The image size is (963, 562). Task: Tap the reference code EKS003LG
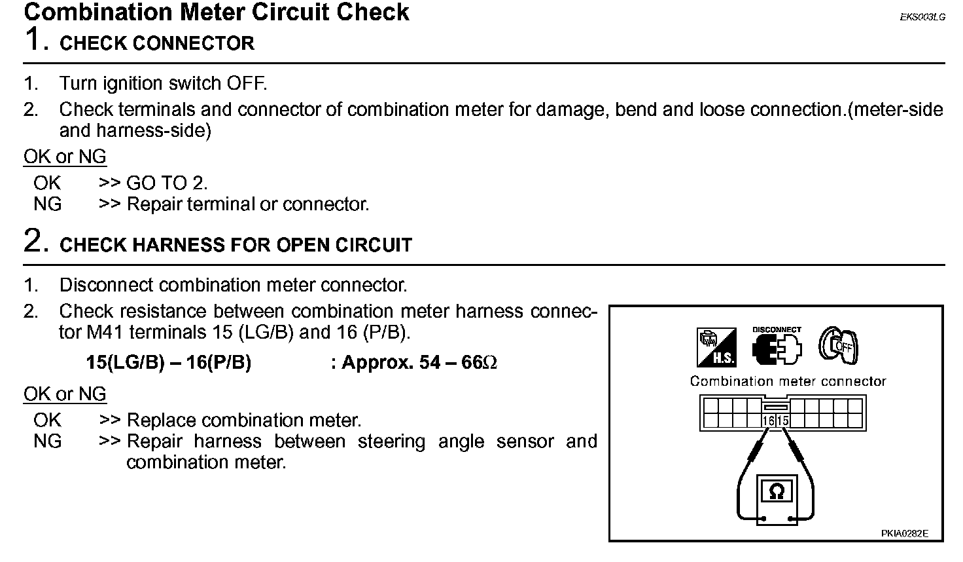coord(922,18)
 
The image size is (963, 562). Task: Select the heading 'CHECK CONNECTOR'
coord(157,44)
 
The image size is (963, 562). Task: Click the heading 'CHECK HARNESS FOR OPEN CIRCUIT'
coord(236,246)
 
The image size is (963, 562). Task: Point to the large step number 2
coord(35,240)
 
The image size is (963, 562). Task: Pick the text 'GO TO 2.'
coord(167,183)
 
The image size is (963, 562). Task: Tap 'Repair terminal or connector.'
coord(248,204)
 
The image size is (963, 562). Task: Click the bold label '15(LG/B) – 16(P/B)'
coord(168,363)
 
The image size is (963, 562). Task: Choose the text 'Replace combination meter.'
coord(243,421)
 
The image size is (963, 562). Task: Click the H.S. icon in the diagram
coord(716,347)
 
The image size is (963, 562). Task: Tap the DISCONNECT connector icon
coord(777,348)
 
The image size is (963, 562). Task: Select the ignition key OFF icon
coord(838,346)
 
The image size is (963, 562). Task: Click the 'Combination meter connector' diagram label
coord(788,381)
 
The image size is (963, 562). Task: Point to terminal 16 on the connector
coord(769,421)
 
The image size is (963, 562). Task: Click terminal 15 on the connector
coord(783,421)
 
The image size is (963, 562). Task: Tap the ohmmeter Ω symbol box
coord(777,491)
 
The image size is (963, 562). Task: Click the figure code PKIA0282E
coord(904,534)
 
